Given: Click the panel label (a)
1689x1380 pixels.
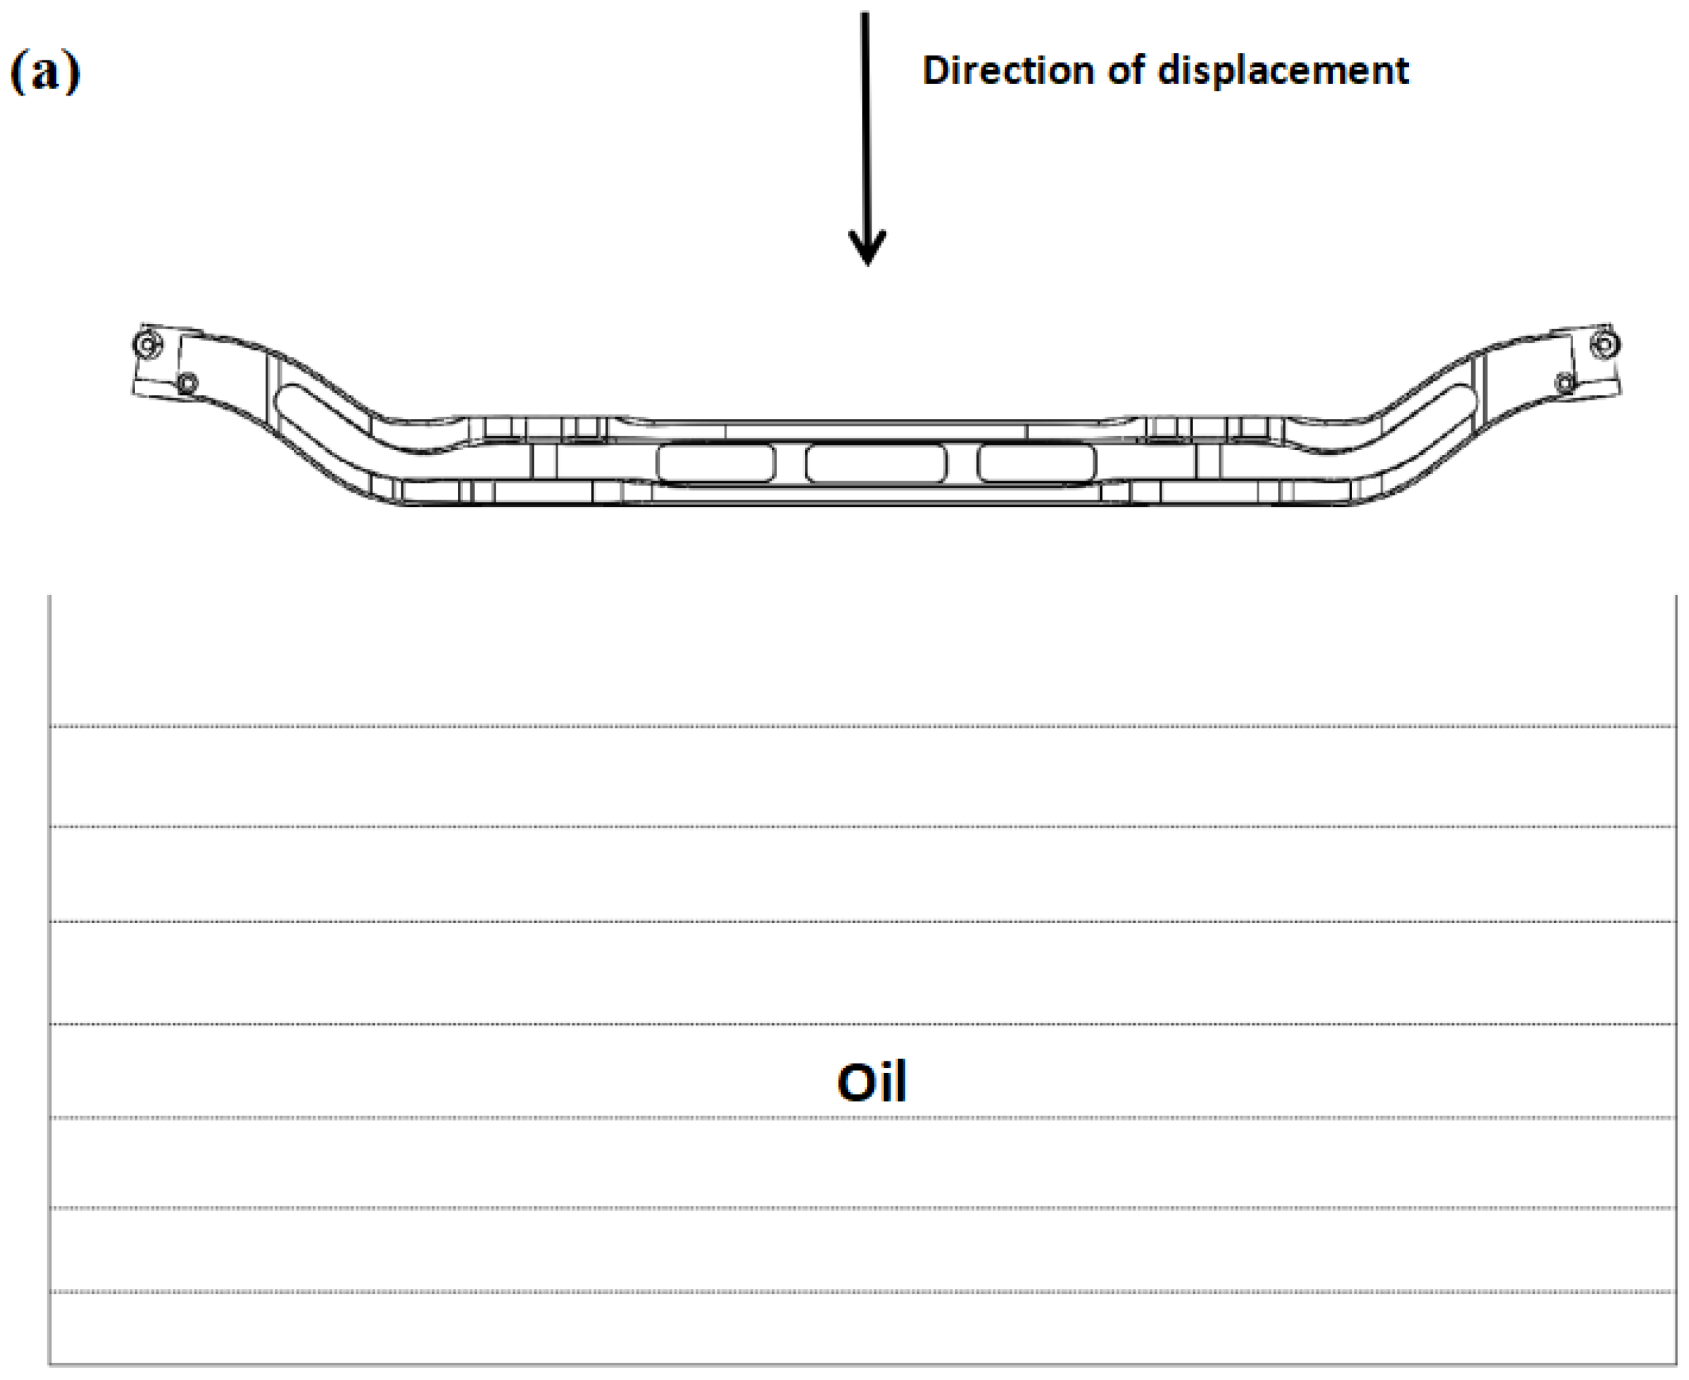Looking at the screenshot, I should tap(45, 72).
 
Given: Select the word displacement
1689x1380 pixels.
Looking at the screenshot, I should tap(1283, 70).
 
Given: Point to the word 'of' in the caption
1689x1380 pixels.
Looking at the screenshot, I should tap(1127, 70).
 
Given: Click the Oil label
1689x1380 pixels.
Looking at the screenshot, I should tap(871, 1082).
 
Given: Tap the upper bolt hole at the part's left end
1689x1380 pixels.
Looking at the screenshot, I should tap(147, 346).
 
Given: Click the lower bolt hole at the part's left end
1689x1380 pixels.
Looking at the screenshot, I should tap(188, 384).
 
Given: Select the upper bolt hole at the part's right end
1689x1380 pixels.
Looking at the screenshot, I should tap(1604, 345).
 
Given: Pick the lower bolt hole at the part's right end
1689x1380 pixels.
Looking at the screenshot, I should tap(1564, 383).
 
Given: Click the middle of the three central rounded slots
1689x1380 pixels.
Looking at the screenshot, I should tap(876, 464).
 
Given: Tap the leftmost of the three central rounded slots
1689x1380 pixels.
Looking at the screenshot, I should tap(715, 464).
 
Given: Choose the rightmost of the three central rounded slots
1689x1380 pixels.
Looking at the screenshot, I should tap(1036, 464).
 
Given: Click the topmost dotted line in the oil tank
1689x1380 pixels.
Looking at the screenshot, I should tap(862, 726).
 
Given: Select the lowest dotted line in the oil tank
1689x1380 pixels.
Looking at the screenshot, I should tap(862, 1292).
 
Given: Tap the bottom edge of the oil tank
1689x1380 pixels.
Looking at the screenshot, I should tap(862, 1365).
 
